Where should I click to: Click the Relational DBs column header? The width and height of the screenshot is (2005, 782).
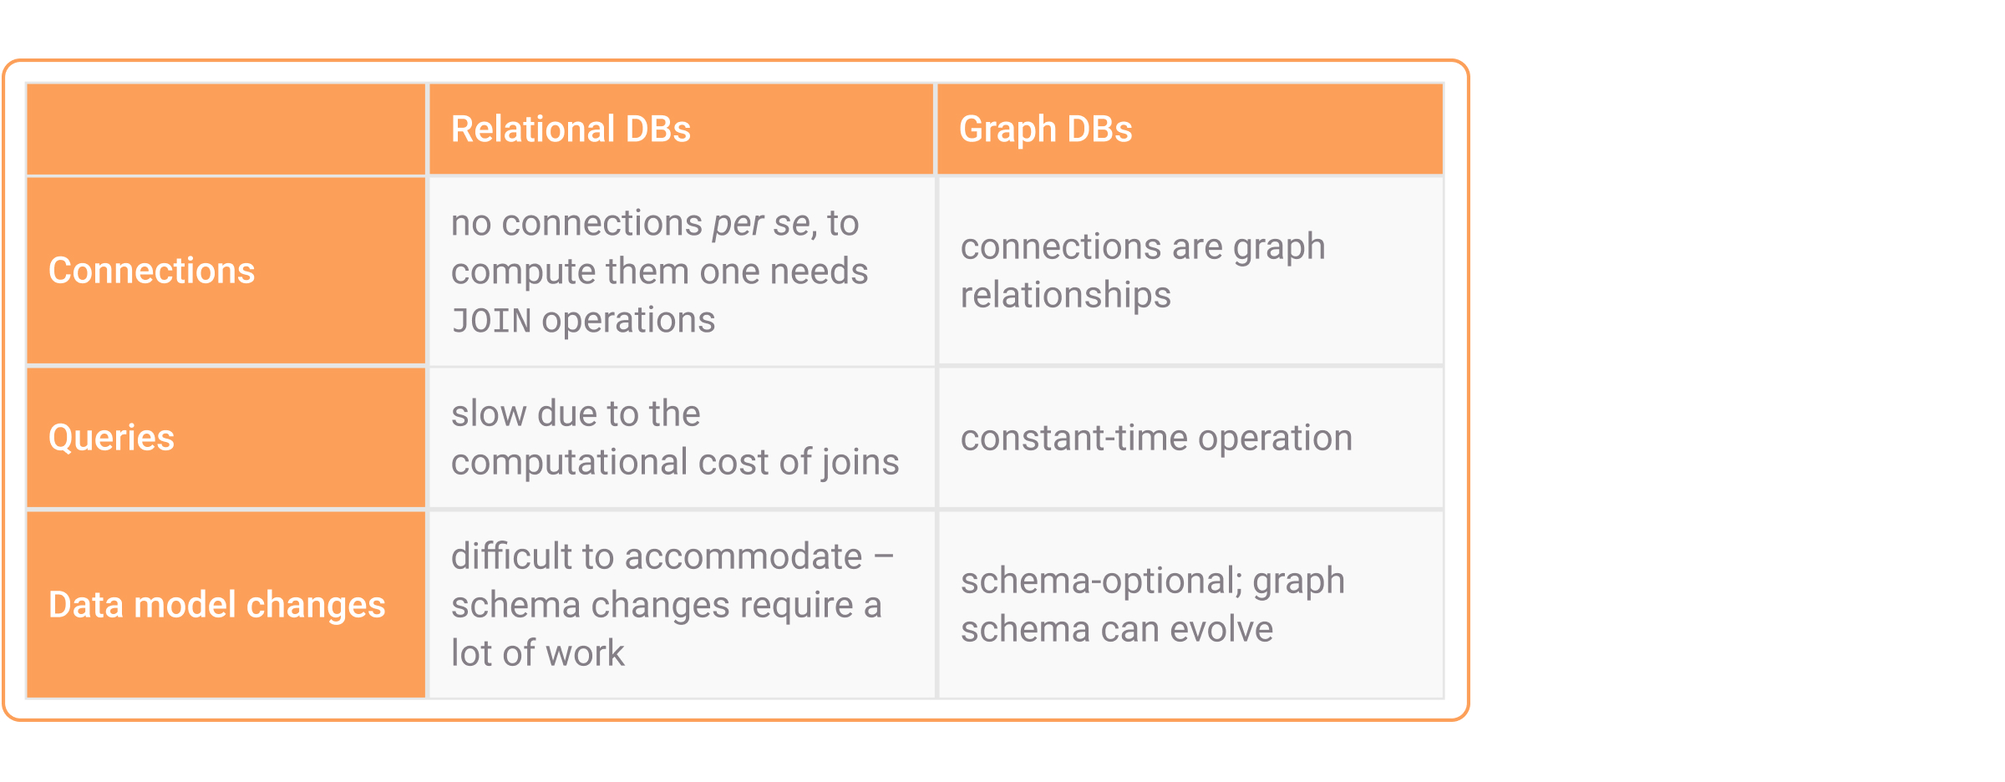click(x=571, y=129)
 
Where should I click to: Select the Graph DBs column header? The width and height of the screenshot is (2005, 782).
click(x=1045, y=129)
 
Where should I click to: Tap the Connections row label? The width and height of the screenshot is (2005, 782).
click(x=151, y=271)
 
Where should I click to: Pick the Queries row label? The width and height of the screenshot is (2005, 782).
click(x=111, y=438)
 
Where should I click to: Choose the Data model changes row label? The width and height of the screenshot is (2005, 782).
click(x=217, y=605)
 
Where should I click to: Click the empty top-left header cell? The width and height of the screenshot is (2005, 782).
click(x=226, y=129)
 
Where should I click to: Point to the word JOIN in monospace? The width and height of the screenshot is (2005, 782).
click(x=491, y=321)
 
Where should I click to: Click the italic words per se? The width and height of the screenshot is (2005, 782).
click(x=761, y=224)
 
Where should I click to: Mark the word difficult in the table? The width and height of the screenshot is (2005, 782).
click(x=510, y=556)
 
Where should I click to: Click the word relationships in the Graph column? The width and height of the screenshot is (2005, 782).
click(x=1065, y=296)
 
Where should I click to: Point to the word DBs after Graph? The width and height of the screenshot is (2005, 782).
click(x=1099, y=129)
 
